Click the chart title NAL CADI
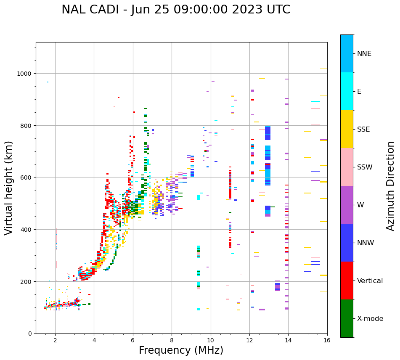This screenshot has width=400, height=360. pyautogui.click(x=176, y=10)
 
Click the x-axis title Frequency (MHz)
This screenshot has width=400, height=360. pyautogui.click(x=181, y=350)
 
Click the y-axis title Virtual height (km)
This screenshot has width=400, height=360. pyautogui.click(x=9, y=188)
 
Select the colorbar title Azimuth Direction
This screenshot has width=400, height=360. pyautogui.click(x=391, y=186)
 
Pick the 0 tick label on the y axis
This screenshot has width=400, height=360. pyautogui.click(x=30, y=334)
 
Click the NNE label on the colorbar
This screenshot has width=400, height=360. pyautogui.click(x=364, y=53)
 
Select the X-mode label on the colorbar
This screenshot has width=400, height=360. pyautogui.click(x=370, y=318)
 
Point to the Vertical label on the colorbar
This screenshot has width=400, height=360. pyautogui.click(x=370, y=281)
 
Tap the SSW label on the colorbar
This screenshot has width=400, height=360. pyautogui.click(x=365, y=167)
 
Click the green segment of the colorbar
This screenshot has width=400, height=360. pyautogui.click(x=347, y=318)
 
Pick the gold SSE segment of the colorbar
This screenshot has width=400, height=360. pyautogui.click(x=347, y=129)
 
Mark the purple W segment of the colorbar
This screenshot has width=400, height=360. pyautogui.click(x=347, y=205)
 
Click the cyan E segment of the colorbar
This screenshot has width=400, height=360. pyautogui.click(x=347, y=91)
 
